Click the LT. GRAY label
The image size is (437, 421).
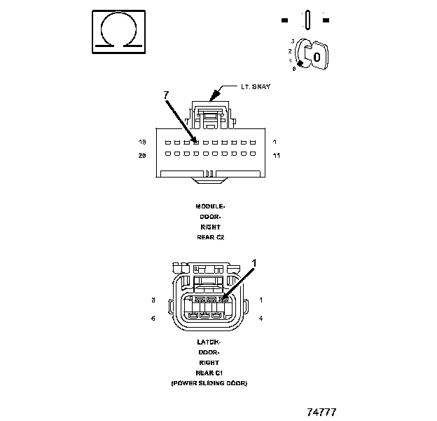tap(256, 87)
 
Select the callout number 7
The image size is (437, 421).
tap(166, 95)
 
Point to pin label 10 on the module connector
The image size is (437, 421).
tap(142, 142)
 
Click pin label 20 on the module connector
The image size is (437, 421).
tap(142, 154)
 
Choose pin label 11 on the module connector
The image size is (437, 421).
tap(276, 154)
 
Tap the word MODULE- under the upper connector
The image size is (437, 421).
tap(209, 206)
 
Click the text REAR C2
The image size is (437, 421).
tap(209, 237)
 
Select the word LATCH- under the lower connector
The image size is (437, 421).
tap(209, 342)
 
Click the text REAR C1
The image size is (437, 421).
tap(209, 373)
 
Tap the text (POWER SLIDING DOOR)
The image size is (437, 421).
tap(209, 383)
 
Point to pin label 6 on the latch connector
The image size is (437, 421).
tap(153, 319)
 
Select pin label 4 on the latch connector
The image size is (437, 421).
tap(261, 319)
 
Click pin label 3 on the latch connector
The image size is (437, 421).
tap(153, 300)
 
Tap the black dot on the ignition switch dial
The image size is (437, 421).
tap(300, 64)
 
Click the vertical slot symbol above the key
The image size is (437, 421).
tap(307, 19)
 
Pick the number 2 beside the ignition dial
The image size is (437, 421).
tap(290, 51)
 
